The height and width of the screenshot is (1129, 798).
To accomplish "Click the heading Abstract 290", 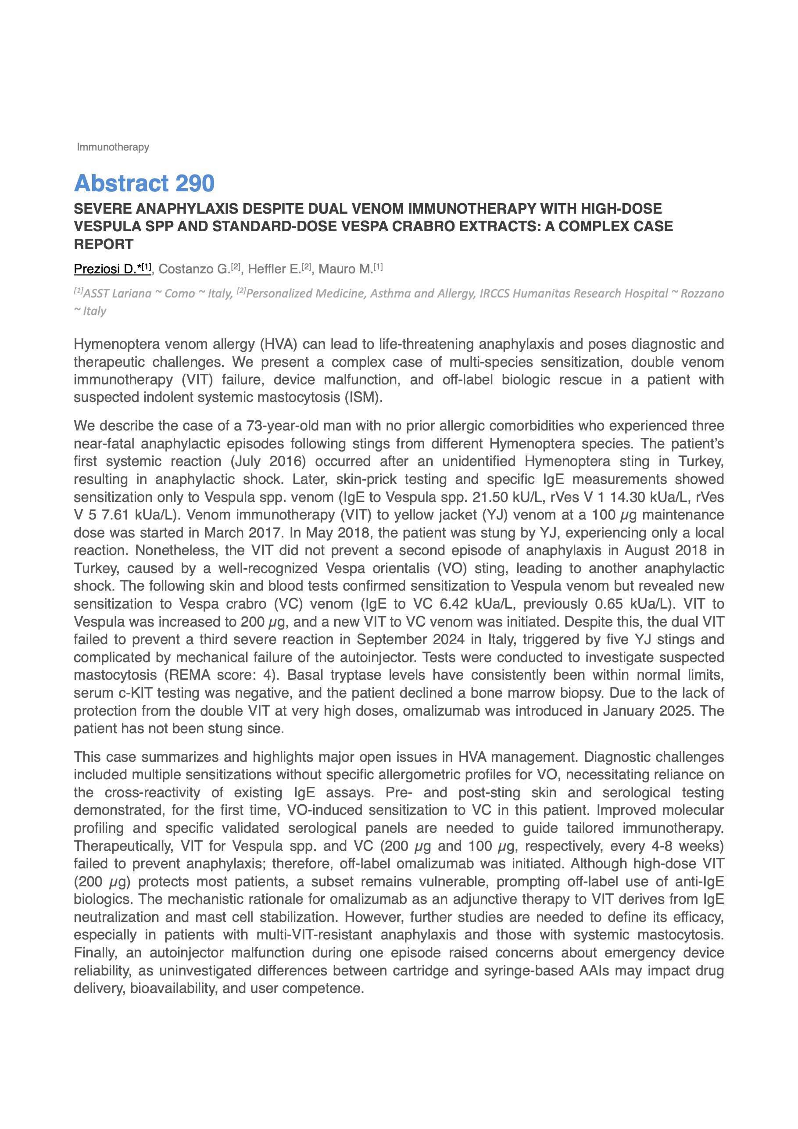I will click(x=144, y=183).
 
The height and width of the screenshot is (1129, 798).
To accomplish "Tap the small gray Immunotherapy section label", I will click(x=113, y=147).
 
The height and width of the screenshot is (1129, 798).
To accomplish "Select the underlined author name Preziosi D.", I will click(x=105, y=269).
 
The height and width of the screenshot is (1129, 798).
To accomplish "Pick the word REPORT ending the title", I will click(x=104, y=244).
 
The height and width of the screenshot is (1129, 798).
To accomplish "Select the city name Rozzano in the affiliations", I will click(x=701, y=294).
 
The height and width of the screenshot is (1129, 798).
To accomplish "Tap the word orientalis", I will click(x=401, y=568).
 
